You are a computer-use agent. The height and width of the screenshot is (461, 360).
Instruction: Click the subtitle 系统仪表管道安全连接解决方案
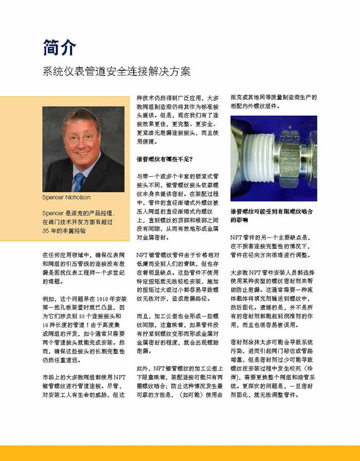point(116,71)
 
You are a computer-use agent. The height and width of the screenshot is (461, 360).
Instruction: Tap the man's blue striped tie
point(79,181)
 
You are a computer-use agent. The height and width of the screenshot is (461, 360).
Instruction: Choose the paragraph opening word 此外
point(142,368)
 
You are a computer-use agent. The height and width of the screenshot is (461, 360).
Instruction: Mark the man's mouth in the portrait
point(81,153)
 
